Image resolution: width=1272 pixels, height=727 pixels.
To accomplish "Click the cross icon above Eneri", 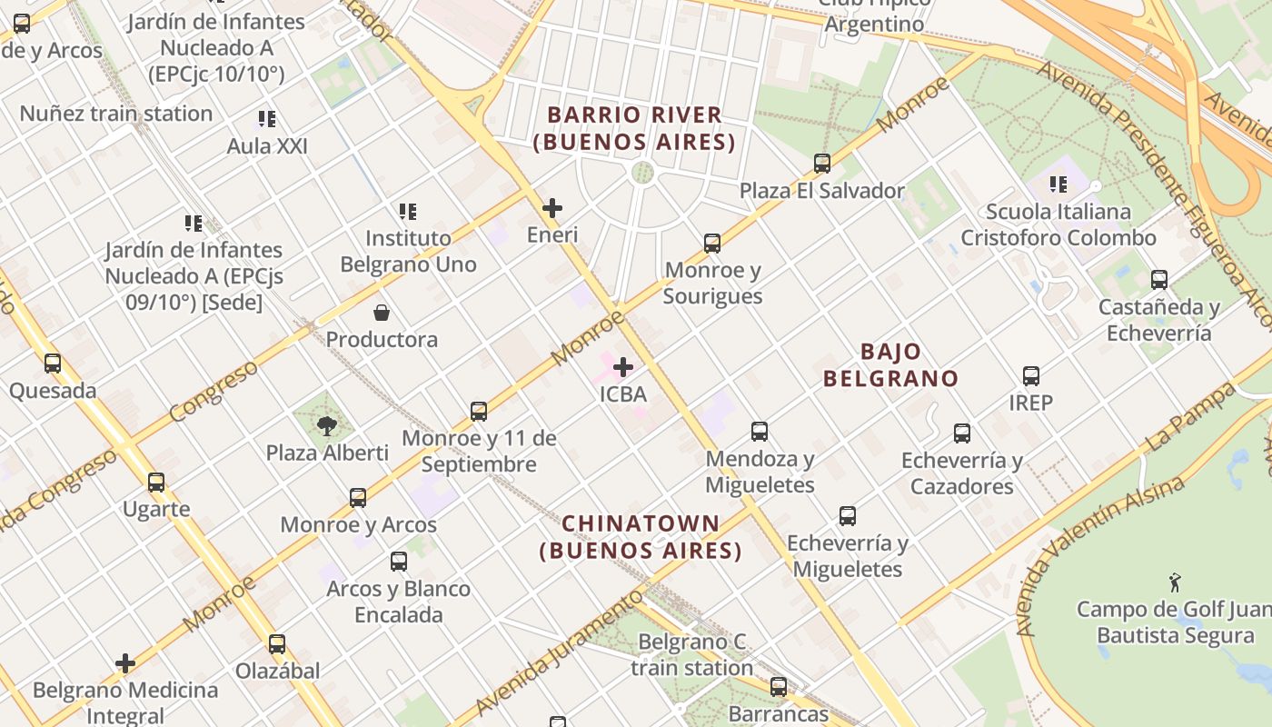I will coord(552,208).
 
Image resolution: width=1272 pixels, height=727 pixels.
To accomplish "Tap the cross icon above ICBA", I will coord(623,367).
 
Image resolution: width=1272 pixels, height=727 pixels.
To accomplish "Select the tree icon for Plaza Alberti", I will coord(327,425).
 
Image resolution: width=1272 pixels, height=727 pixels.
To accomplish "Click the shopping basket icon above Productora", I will coord(382,313).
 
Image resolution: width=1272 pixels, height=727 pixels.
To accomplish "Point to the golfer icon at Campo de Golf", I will coord(1175,581).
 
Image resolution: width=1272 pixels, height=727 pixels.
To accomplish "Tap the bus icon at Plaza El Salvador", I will coord(822,164).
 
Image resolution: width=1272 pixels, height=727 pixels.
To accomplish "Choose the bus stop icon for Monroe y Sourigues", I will coord(712,243).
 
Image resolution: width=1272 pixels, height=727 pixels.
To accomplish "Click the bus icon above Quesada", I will coord(53,363).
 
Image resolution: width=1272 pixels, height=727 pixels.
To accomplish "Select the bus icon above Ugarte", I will coord(156,482).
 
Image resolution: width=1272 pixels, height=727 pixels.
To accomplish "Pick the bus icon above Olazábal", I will coord(277,644).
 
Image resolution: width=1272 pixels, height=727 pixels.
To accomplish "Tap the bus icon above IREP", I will coord(1030,375).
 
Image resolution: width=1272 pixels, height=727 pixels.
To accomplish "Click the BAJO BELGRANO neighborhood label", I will coord(890,364).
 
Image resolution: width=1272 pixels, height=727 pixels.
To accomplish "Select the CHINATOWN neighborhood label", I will coord(641,537).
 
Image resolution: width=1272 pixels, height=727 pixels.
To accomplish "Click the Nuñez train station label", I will coord(116,114).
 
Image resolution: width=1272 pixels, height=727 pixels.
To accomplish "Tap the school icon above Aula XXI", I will coord(266,119).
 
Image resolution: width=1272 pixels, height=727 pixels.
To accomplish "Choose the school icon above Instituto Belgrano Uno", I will coord(408,212).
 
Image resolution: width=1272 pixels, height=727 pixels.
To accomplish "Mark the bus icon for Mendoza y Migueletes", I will coord(760,432).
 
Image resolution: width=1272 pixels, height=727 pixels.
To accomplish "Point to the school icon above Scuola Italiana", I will coord(1058,184).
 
